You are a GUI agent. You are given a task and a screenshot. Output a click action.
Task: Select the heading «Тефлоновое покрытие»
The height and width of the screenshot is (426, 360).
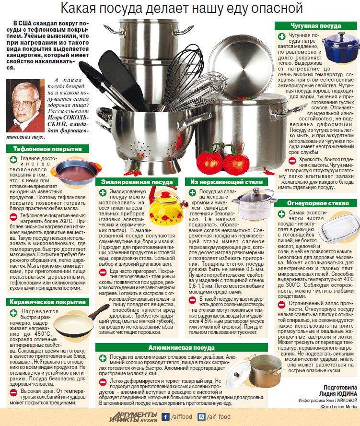coord(47,149)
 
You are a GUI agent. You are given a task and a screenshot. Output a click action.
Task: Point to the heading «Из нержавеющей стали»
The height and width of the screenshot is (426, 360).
coord(227,182)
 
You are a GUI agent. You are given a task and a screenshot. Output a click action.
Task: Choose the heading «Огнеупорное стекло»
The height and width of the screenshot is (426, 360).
coord(318,203)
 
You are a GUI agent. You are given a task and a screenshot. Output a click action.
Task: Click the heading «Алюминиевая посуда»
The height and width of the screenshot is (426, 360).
coord(181,347)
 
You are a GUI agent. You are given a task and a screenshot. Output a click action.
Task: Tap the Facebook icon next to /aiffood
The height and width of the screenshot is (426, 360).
coord(166,417)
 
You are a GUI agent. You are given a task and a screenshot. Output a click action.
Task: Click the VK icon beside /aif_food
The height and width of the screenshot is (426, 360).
coord(202,417)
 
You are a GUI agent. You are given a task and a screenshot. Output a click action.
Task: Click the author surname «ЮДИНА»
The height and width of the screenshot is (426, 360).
coord(344,393)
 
